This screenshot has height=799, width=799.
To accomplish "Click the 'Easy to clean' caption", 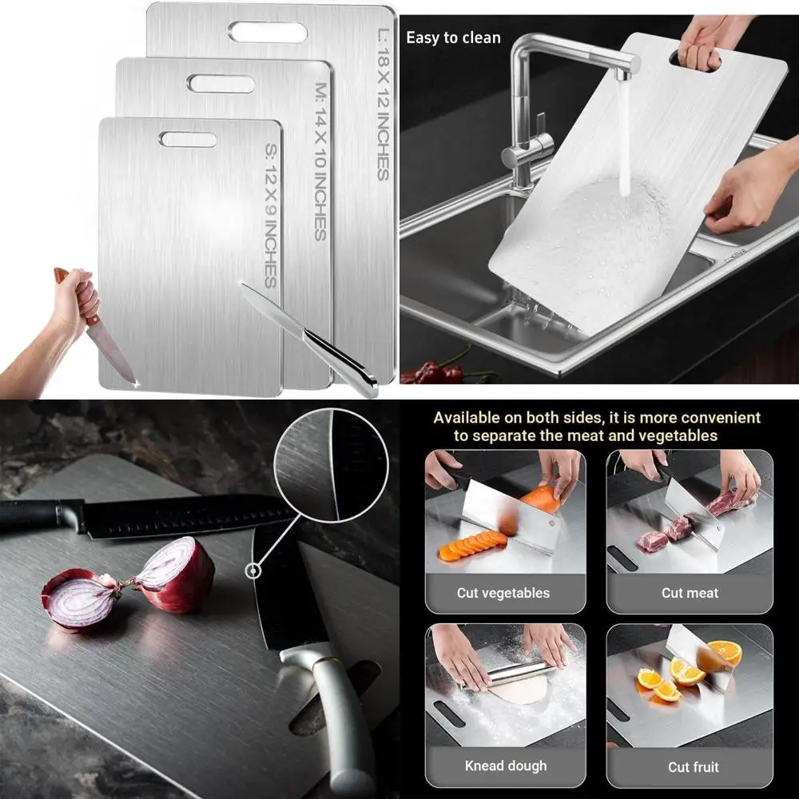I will pos(453,38).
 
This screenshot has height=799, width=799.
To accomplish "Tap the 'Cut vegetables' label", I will pos(503,593).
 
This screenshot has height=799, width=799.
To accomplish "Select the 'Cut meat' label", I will pos(690,593).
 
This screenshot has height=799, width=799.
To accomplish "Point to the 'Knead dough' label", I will pos(506,766).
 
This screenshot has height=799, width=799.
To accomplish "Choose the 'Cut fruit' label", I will pos(694,767).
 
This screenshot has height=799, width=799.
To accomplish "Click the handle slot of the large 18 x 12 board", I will pos(268,32).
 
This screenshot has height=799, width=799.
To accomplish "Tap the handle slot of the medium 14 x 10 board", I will pos(221,83).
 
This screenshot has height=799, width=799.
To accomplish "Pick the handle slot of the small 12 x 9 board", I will pos(188,139).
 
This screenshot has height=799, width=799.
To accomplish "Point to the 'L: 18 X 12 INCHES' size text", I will pos(382,105).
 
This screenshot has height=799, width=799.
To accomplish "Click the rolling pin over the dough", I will pos(519,672).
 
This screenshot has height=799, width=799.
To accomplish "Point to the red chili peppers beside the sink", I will pos(435,372).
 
